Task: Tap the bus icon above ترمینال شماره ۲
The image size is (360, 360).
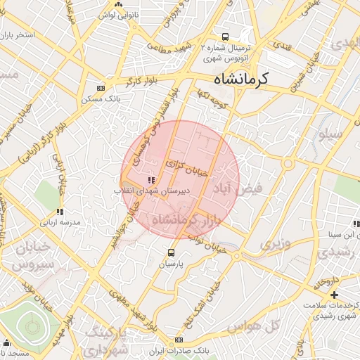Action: pyautogui.click(x=225, y=37)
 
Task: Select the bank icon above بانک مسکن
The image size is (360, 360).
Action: pyautogui.click(x=101, y=88)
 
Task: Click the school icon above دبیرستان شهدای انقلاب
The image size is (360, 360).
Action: pyautogui.click(x=133, y=180)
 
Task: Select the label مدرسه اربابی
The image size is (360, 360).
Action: pyautogui.click(x=60, y=221)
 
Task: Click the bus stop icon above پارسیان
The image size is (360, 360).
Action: pyautogui.click(x=171, y=252)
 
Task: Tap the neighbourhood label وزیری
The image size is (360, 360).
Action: pyautogui.click(x=276, y=244)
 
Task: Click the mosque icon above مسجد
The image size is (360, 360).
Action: pyautogui.click(x=7, y=342)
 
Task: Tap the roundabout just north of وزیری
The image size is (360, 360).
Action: pyautogui.click(x=288, y=164)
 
